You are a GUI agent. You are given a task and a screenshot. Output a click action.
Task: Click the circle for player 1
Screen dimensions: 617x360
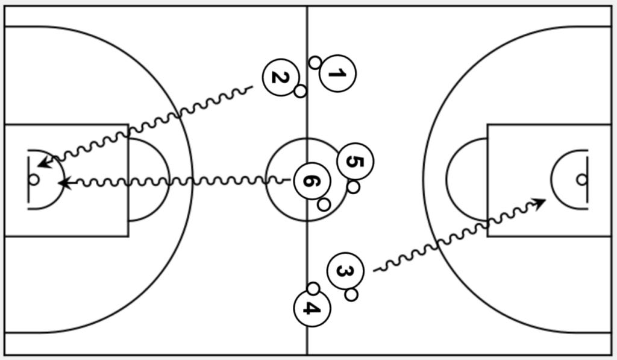337,74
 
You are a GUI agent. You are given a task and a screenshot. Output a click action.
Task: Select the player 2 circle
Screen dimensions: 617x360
281,77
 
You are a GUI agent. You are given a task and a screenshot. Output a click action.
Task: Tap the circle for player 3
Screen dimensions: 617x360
345,271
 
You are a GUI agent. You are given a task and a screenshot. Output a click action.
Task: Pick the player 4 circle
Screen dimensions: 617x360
312,308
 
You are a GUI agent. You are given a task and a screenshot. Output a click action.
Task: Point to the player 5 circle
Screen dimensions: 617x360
355,162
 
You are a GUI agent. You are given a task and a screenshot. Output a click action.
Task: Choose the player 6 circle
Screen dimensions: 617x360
312,180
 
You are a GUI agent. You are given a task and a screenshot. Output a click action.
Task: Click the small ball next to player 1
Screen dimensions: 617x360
315,62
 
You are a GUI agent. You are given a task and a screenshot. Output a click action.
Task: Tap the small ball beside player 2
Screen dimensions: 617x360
300,91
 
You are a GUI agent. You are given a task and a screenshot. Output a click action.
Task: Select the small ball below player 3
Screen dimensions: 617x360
351,295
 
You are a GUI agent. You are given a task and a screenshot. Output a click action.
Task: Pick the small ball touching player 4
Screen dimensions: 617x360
313,288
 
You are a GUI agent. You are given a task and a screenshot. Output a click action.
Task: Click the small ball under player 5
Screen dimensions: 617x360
354,187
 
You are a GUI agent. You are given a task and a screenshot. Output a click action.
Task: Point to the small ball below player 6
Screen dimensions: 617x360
324,204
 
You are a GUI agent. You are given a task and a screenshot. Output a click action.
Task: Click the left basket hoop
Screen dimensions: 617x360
34,179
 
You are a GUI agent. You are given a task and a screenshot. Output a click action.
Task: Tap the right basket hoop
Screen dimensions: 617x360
581,179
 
